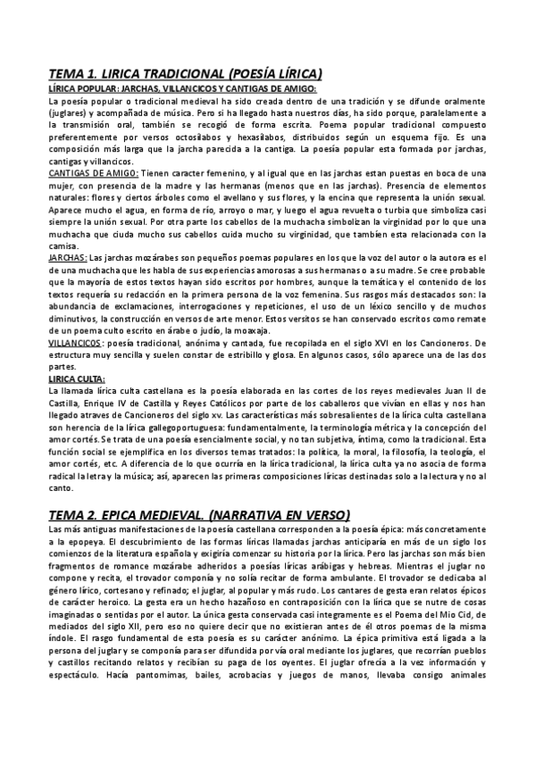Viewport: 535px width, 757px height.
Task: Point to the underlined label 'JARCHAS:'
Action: [x=68, y=257]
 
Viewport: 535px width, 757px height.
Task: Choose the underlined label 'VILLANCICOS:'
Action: [x=76, y=343]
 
